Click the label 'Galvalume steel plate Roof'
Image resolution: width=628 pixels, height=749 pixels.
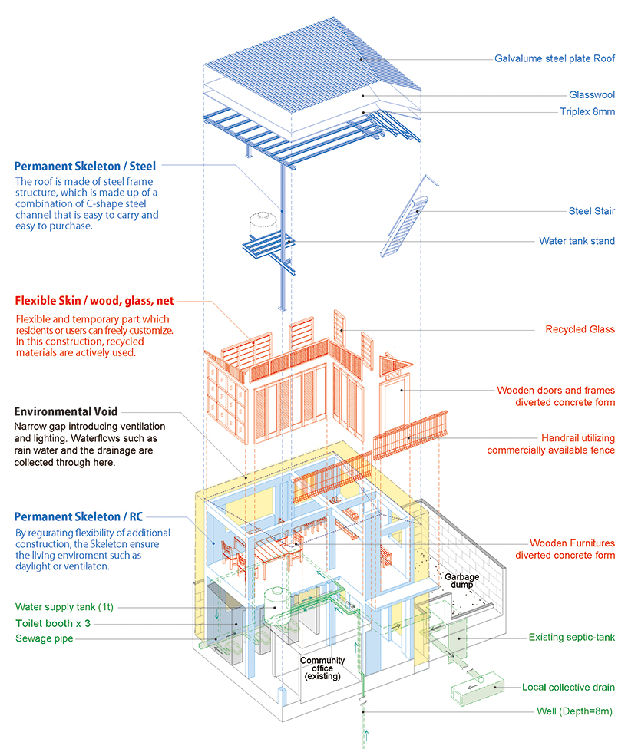coord(554,58)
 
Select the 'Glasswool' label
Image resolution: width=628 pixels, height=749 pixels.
coord(591,95)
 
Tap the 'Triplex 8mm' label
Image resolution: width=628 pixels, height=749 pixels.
coord(587,111)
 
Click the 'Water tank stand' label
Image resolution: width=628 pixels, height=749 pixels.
coord(577,241)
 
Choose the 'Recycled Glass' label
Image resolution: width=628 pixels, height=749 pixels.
coord(580,330)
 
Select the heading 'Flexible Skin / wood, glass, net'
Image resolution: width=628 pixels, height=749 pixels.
coord(100,302)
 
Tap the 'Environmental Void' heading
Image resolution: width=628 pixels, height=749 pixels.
coord(66,411)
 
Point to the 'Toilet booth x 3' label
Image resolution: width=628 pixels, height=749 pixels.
coord(53,624)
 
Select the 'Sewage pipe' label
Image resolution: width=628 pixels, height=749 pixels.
coord(44,638)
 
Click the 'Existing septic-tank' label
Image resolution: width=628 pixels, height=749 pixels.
coord(571,638)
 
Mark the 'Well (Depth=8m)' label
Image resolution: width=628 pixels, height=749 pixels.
coord(575,711)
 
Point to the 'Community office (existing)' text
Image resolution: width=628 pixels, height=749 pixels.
coord(322,668)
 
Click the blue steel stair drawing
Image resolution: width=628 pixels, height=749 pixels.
coord(405,219)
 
